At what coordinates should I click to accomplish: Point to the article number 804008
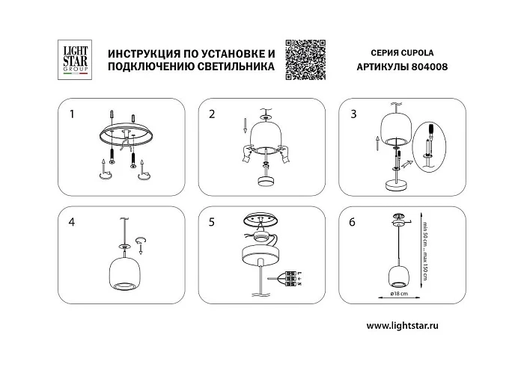coord(427,66)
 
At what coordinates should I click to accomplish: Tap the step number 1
coord(72,114)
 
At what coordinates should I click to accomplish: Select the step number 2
coord(212,114)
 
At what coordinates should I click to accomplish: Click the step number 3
coord(353,114)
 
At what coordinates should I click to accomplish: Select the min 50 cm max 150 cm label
coord(423,251)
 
